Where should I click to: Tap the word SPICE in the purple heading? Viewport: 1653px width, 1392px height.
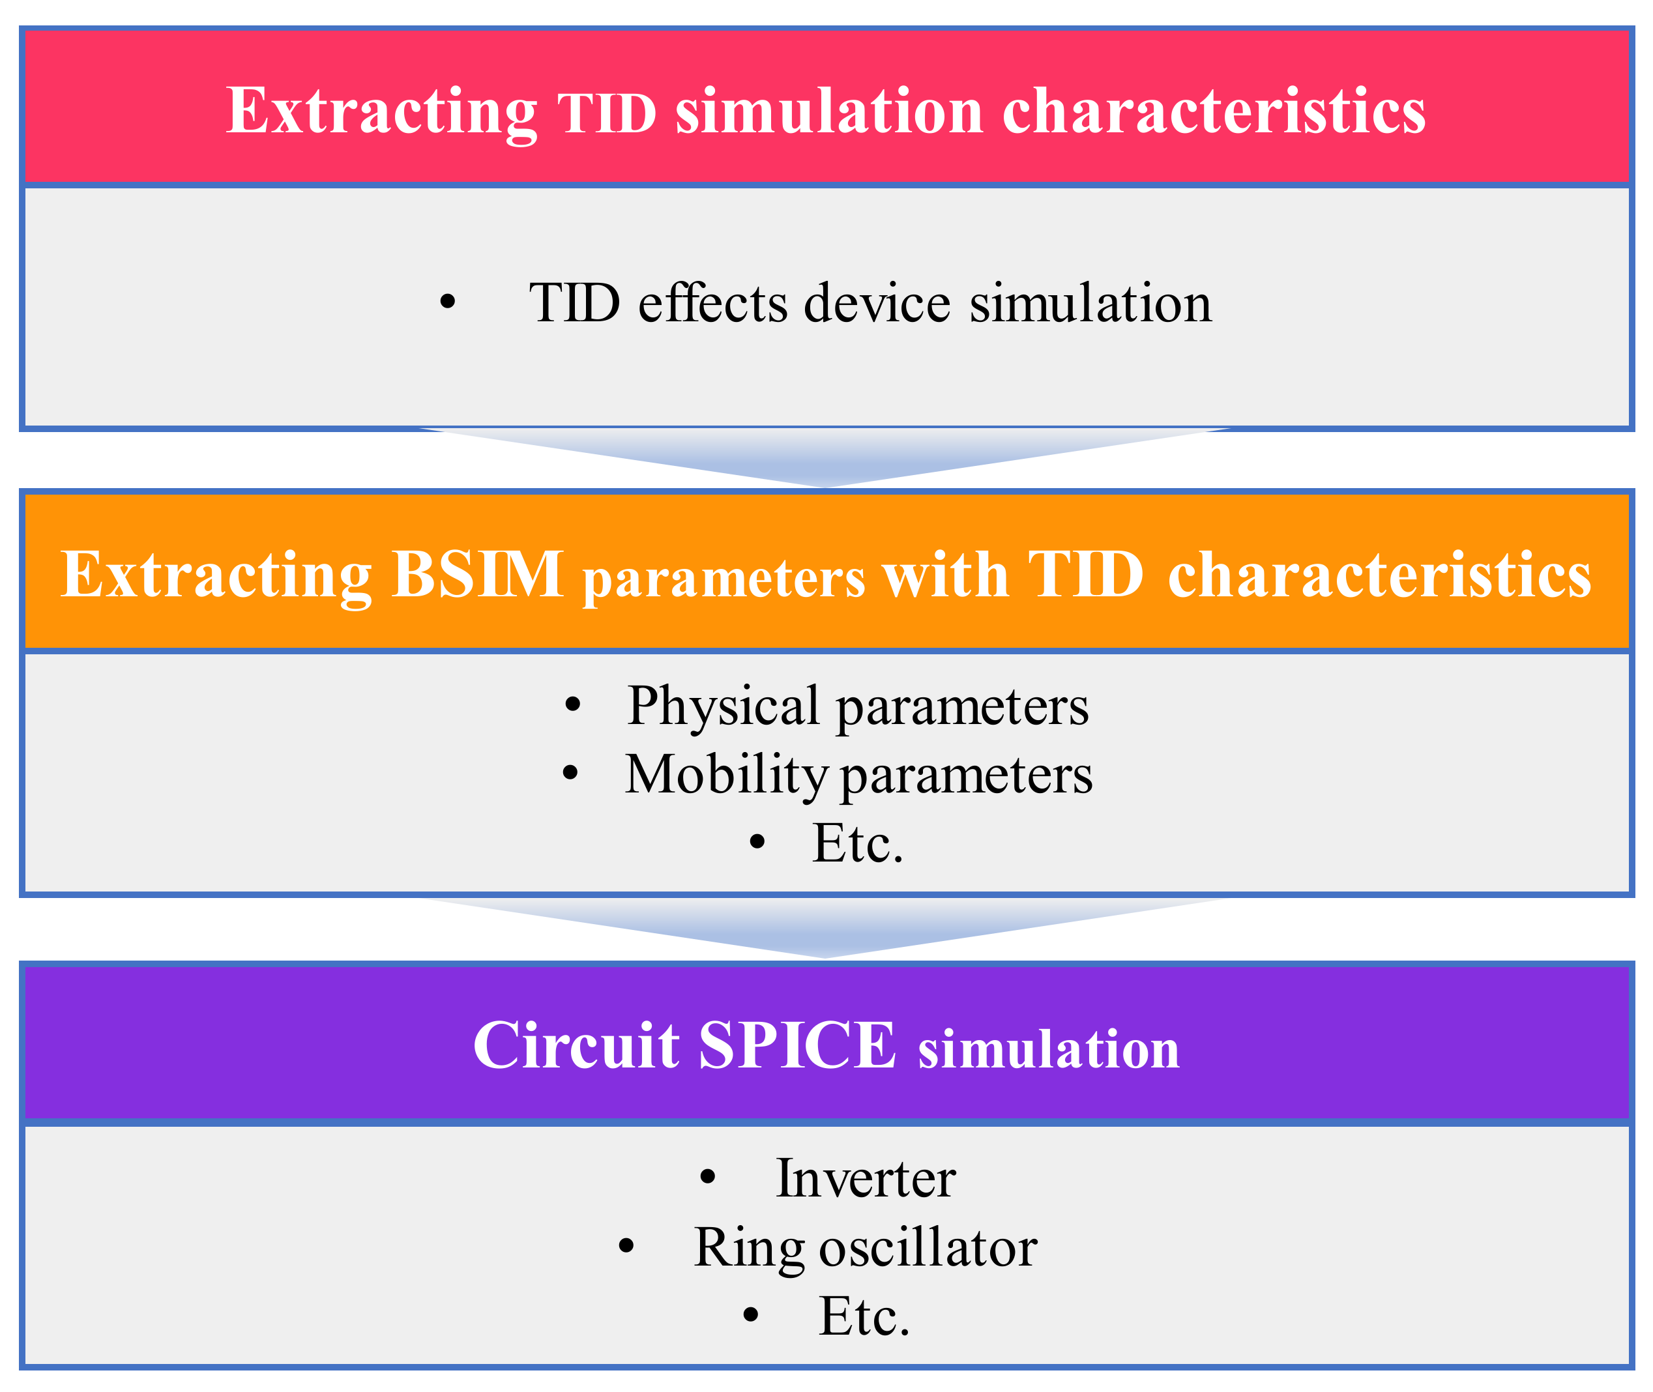pos(797,1045)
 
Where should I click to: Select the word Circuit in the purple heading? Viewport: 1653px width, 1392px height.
pos(576,1045)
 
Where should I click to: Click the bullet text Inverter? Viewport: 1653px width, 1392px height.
pos(865,1179)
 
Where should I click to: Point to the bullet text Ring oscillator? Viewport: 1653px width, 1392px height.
pos(865,1249)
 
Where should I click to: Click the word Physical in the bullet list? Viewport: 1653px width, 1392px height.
pos(723,706)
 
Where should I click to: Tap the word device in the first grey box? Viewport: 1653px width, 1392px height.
pos(876,303)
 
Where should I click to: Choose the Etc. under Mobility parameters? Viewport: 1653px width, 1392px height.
pos(857,843)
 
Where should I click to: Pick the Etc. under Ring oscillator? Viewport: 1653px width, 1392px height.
pos(864,1316)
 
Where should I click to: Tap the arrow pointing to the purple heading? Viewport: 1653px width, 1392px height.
pos(826,927)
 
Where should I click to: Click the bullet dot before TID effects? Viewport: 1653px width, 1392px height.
pos(448,302)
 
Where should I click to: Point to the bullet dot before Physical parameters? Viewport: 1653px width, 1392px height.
pos(573,704)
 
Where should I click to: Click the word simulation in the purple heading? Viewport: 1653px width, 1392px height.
pos(1048,1049)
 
